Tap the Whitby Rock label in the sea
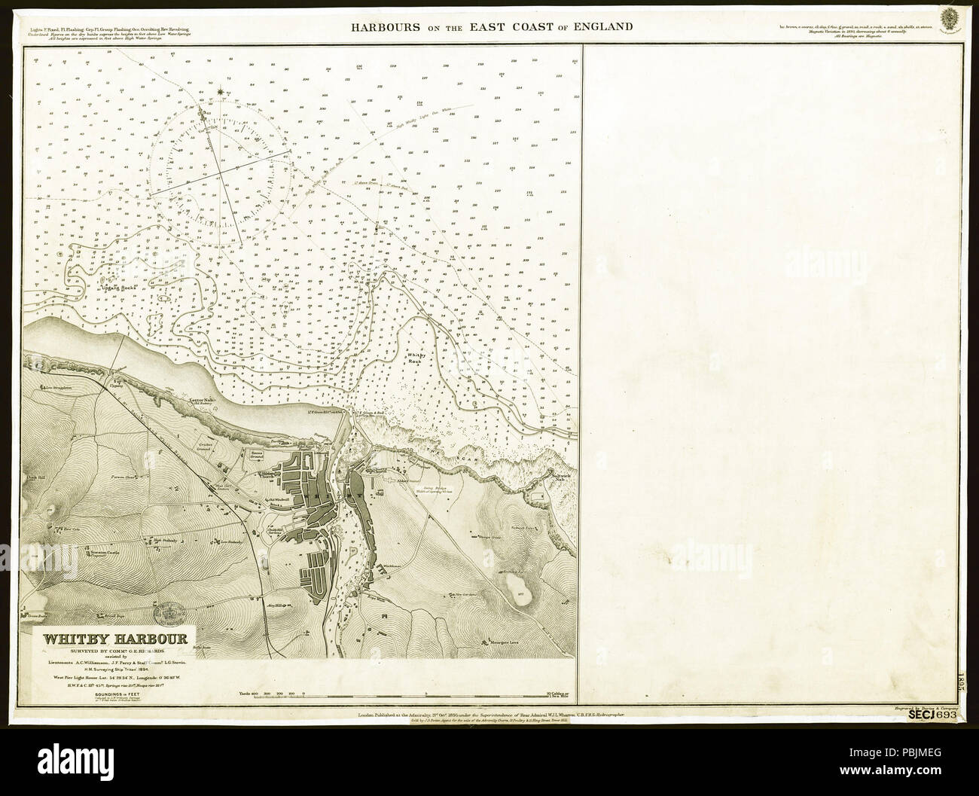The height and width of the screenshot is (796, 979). [418, 357]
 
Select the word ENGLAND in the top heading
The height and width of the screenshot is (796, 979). [602, 27]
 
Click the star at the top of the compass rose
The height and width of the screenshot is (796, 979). [220, 92]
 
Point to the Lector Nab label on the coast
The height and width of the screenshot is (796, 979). [197, 395]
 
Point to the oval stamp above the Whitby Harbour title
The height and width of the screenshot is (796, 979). [171, 610]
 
